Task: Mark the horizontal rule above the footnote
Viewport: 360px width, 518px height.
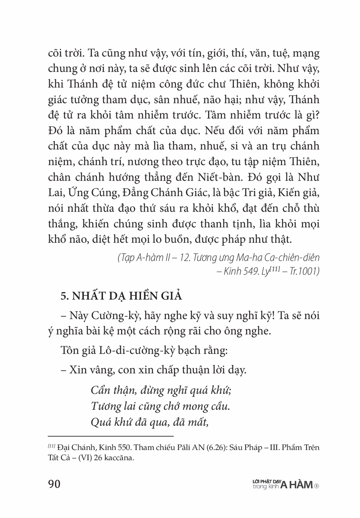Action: [x=111, y=436]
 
